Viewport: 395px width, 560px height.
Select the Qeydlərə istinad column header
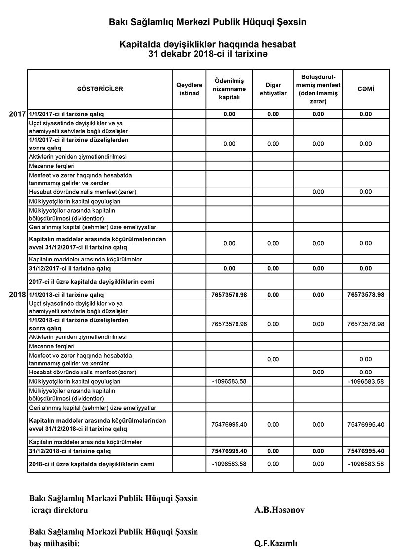(x=188, y=89)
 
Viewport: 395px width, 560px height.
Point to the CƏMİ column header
(x=365, y=89)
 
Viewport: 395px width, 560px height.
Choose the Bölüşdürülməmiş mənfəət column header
(x=318, y=89)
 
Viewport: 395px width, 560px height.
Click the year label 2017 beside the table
(x=17, y=114)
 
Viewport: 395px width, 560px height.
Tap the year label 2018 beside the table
(x=17, y=295)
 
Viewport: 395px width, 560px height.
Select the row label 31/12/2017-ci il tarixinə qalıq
(x=70, y=269)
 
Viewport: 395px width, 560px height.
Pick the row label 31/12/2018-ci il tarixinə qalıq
(x=70, y=451)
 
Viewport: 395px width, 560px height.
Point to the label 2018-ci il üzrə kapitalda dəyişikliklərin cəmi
(x=92, y=464)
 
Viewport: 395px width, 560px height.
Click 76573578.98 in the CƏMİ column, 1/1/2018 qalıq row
(x=365, y=295)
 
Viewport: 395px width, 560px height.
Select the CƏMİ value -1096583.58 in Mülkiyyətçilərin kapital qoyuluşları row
(x=365, y=381)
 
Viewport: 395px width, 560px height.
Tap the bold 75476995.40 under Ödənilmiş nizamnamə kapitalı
(x=229, y=451)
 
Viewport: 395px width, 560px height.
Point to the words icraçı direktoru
(x=60, y=510)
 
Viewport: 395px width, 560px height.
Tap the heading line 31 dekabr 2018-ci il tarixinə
(x=207, y=53)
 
